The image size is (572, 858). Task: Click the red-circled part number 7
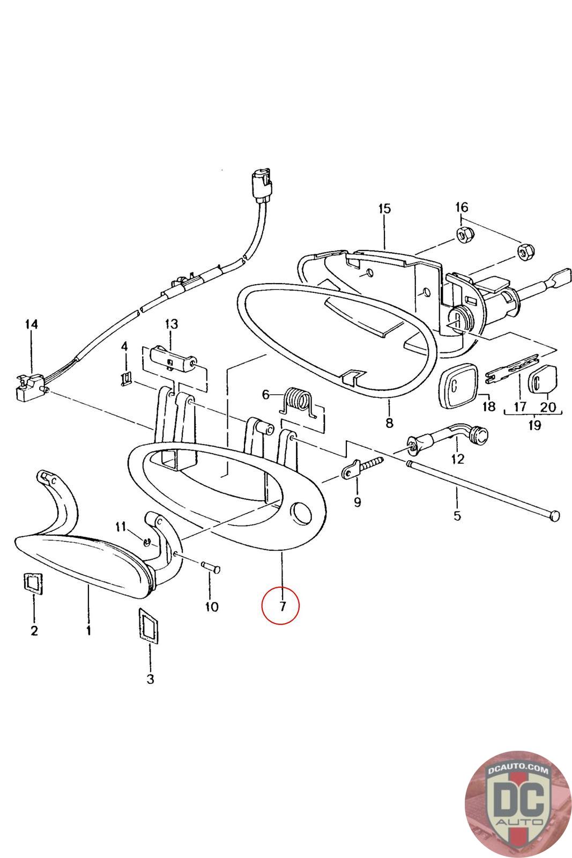tap(281, 606)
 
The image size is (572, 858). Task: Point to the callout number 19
tap(534, 425)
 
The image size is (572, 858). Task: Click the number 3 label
tap(150, 679)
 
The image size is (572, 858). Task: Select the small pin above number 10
tap(210, 567)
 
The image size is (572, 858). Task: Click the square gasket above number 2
tap(33, 583)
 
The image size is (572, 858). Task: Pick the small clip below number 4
tap(125, 379)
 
